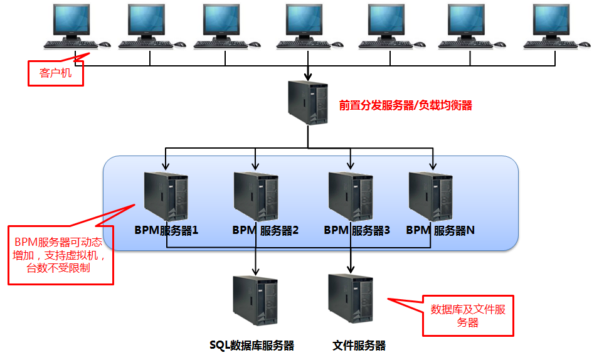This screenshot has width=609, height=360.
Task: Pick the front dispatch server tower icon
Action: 308,103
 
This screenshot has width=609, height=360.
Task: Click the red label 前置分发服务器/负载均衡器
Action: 405,105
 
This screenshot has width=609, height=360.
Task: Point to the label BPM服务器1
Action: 166,230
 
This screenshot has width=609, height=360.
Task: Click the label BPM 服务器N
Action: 440,230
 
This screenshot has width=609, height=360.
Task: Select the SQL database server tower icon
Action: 255,300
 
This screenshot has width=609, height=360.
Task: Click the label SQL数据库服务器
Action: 252,346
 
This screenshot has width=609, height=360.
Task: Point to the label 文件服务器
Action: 359,346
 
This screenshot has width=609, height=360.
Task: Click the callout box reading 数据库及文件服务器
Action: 468,315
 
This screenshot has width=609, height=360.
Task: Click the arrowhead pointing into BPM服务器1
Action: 166,166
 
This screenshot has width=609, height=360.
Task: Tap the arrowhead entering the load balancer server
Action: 308,76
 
